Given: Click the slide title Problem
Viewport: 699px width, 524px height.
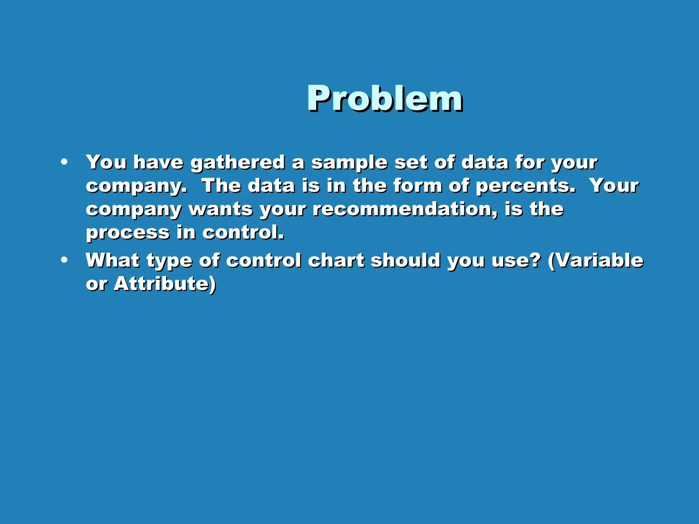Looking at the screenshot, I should tap(385, 99).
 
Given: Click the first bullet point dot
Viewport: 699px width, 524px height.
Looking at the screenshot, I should tap(64, 162).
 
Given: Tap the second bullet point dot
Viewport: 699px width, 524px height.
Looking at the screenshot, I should tap(64, 260).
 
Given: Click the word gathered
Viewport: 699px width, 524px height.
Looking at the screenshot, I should tap(238, 162).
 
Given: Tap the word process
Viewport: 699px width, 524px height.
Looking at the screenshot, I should tap(128, 233).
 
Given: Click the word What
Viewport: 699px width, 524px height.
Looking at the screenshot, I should tap(112, 260).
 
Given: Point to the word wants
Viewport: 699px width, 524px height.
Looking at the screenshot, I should tap(220, 209).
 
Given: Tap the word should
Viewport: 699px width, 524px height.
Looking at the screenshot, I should tap(405, 260).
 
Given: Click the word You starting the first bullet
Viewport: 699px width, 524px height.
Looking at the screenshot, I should tap(106, 162).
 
